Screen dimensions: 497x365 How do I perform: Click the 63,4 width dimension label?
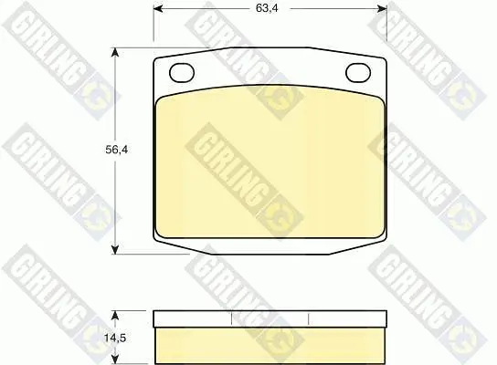267,8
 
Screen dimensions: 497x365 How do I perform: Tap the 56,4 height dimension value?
117,150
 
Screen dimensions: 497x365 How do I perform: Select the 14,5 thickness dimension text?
115,338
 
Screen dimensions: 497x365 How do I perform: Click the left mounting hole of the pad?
182,72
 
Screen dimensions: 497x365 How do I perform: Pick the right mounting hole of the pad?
358,72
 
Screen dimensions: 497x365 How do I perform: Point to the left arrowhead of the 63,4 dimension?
158,8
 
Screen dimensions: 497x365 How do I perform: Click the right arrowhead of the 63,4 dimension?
382,8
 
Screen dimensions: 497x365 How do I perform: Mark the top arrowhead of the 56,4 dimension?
115,53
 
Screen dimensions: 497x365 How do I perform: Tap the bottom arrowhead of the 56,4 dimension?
115,249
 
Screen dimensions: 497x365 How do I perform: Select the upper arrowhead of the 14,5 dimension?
115,316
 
